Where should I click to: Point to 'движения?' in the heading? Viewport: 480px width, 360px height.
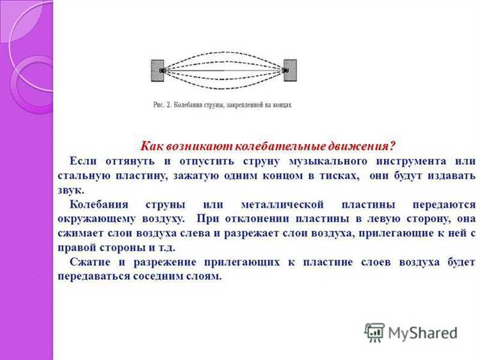click(x=364, y=146)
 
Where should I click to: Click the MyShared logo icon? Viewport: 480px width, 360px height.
click(x=374, y=332)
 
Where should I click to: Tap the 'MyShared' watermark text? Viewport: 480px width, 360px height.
click(x=423, y=333)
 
